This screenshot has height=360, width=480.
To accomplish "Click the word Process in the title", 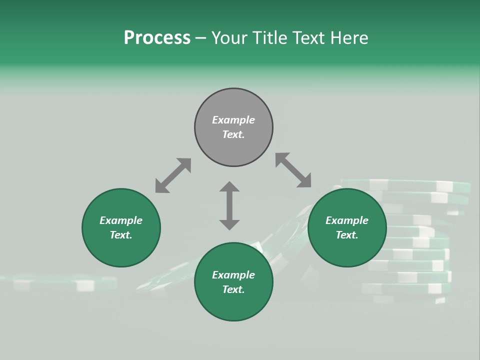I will (157, 37).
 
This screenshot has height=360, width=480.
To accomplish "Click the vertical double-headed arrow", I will (229, 205).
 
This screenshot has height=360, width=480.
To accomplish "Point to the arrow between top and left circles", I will (173, 175).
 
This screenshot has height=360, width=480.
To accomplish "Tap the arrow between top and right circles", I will (293, 170).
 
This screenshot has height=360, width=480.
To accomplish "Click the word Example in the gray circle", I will (233, 120).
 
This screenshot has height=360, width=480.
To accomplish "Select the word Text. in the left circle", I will (121, 235).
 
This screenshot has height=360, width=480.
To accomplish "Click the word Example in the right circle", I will (347, 220).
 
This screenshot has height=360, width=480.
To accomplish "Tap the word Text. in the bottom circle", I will (233, 289).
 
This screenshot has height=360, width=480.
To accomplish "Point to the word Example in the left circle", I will (121, 220).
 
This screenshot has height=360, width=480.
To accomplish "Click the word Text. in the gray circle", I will (233, 134).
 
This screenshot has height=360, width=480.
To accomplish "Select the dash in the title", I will (200, 37).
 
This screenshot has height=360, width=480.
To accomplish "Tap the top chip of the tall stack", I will (405, 185).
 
